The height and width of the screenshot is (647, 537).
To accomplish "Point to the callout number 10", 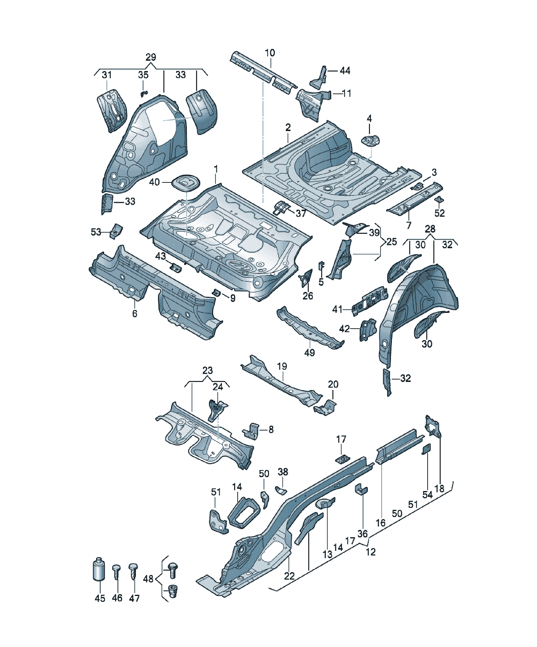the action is [270, 53].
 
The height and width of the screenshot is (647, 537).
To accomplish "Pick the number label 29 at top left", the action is [150, 57].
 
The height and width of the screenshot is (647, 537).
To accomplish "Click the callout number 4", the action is [369, 118].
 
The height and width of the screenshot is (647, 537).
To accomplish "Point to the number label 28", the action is [430, 229].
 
